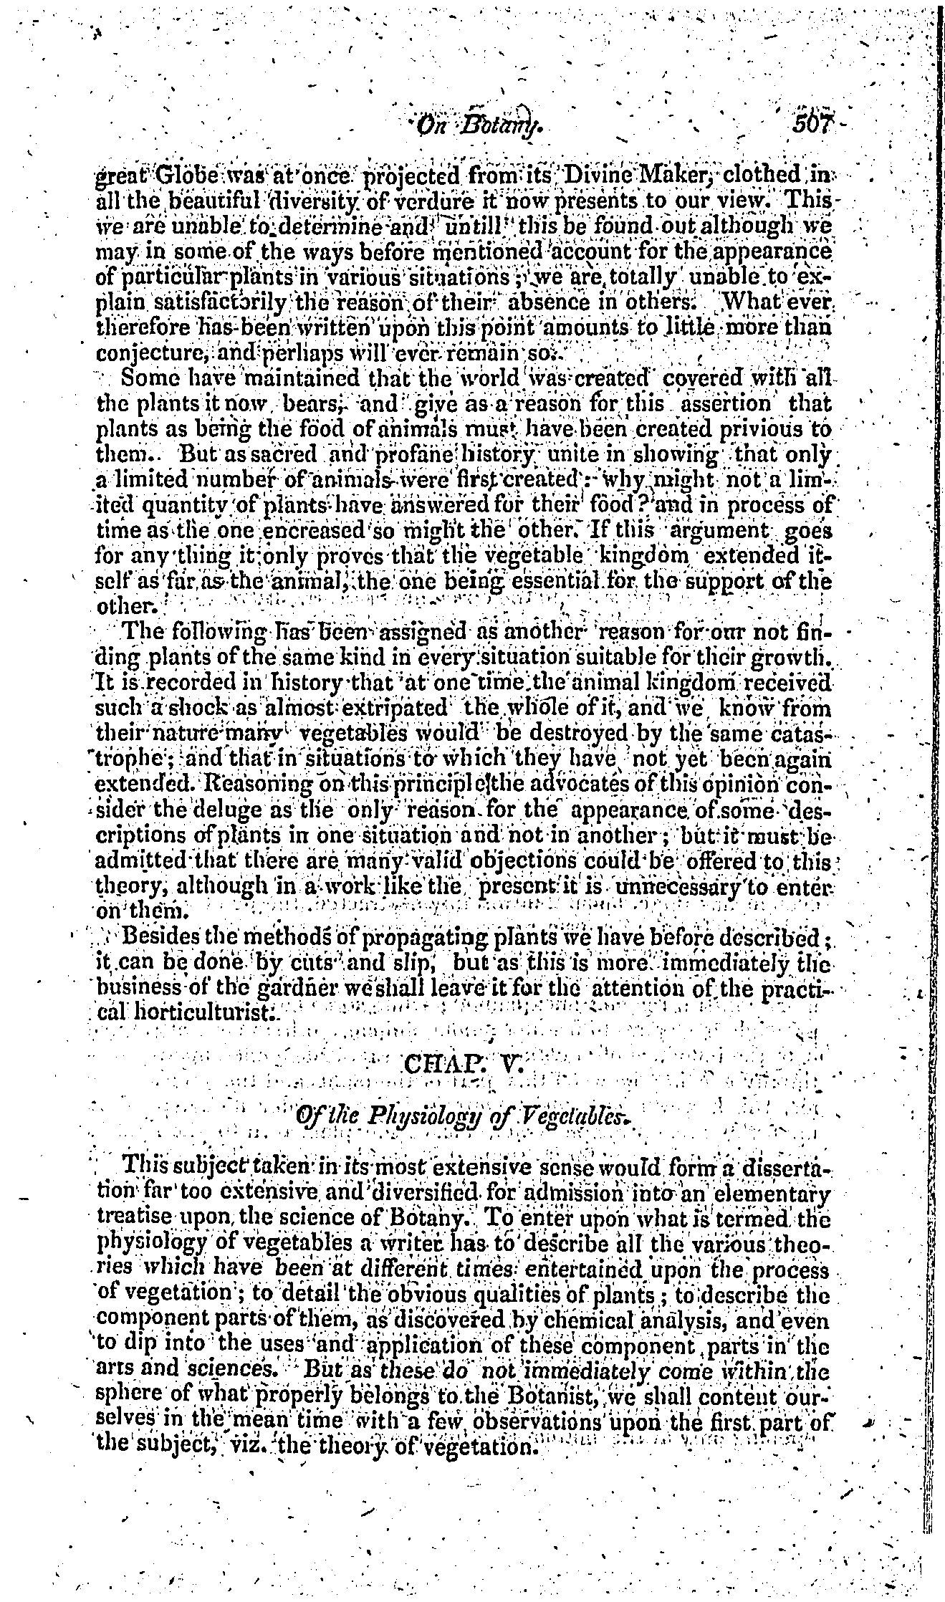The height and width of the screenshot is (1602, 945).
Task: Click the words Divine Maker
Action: (x=632, y=175)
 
